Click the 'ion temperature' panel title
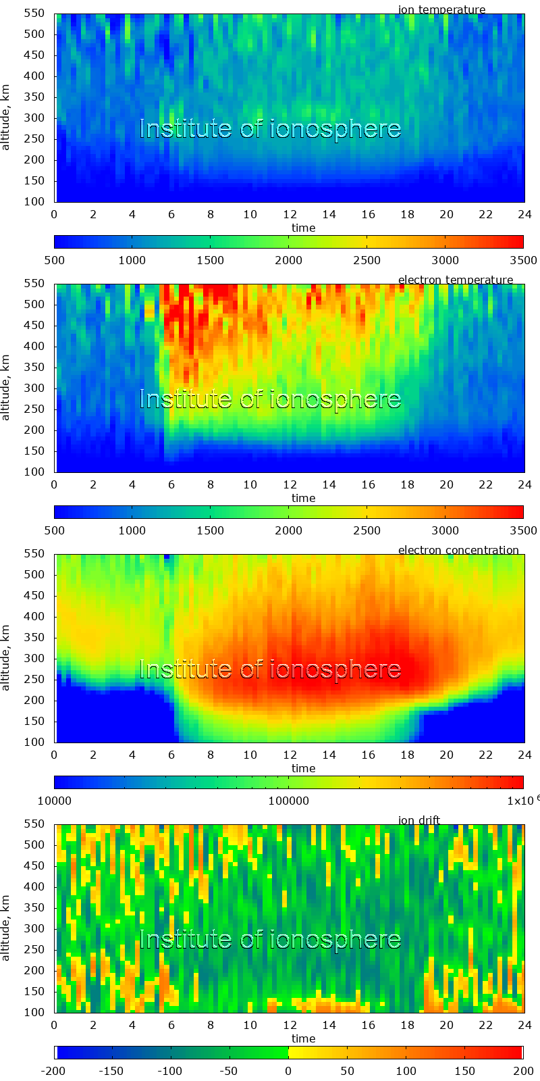pos(441,9)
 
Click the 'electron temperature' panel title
pos(455,280)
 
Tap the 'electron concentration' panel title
pos(458,550)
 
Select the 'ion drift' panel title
pos(418,820)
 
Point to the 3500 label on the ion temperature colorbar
pos(524,260)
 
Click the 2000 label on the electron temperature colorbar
pos(288,530)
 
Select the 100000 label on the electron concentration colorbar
pos(288,801)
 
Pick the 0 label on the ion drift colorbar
pos(288,1071)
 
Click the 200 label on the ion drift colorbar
pos(524,1071)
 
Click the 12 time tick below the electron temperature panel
pos(290,484)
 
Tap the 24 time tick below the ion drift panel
pos(524,1025)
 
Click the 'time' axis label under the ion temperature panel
pos(303,228)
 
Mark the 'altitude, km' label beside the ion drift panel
pos(6,918)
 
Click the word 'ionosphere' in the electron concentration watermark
pos(335,670)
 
